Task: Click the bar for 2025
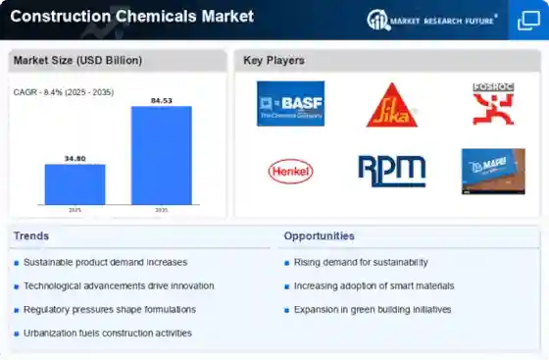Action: click(75, 184)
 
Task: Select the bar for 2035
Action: click(162, 155)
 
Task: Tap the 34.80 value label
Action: click(75, 157)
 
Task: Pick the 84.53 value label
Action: click(162, 99)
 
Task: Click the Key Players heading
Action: click(274, 61)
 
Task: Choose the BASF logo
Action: click(290, 104)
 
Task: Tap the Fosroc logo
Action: click(492, 104)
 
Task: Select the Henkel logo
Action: click(290, 171)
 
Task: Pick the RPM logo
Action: click(391, 171)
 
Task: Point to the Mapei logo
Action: click(492, 171)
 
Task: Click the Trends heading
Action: click(30, 236)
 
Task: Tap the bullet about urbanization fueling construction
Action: click(108, 334)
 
